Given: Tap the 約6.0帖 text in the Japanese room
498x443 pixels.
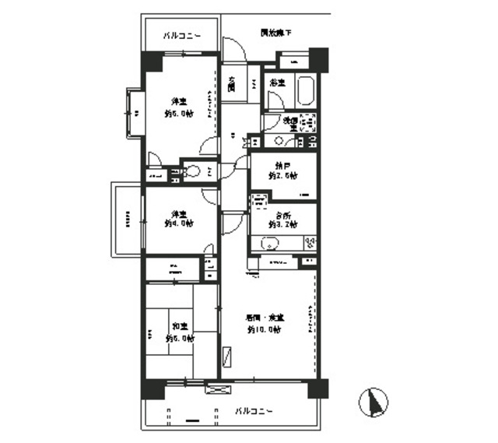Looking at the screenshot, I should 179,339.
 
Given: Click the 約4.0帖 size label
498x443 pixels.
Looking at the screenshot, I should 179,223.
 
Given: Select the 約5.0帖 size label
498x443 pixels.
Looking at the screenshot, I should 179,113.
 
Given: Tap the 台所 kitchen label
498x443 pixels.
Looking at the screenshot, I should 282,214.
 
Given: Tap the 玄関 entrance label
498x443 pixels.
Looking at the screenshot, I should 232,84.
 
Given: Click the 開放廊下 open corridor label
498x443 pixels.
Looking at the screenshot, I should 275,33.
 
